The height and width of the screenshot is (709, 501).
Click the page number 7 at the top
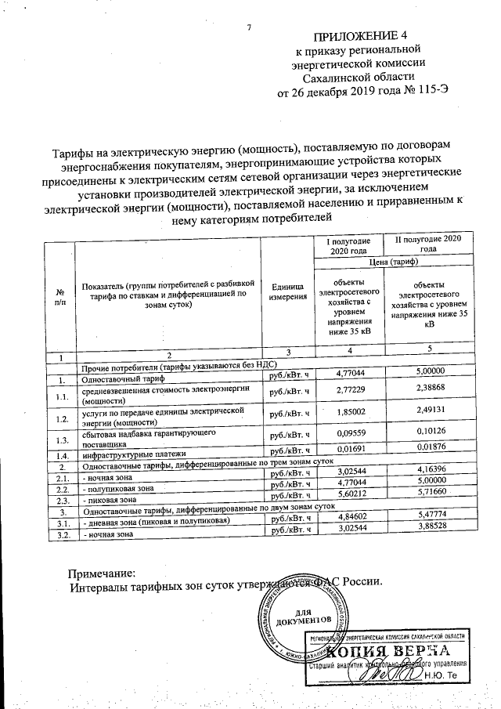(x=249, y=29)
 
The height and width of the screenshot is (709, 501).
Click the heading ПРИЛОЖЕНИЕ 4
(x=361, y=37)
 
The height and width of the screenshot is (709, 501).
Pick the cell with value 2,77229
(x=345, y=389)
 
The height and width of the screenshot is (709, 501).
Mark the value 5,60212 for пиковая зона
(x=345, y=495)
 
